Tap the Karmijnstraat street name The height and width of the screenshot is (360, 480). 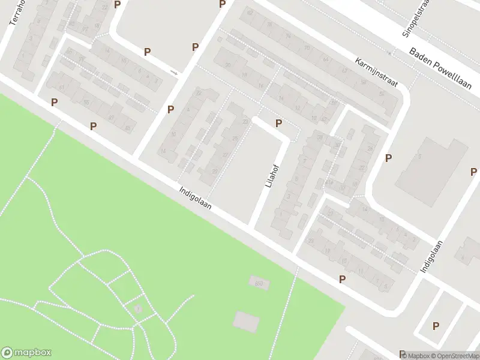376,73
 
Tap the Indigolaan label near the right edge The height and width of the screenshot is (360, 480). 431,257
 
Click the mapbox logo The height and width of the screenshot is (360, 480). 26,353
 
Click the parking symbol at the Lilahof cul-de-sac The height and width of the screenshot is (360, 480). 278,123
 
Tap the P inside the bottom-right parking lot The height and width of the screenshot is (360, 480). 436,326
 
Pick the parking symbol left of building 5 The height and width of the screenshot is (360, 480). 389,158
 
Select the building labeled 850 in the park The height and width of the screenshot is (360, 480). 259,281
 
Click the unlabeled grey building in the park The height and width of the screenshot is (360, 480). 246,321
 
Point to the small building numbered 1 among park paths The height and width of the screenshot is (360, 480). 139,308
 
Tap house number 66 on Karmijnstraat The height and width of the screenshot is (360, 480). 326,59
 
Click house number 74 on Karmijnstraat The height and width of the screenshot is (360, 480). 288,36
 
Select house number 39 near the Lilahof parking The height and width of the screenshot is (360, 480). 320,137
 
